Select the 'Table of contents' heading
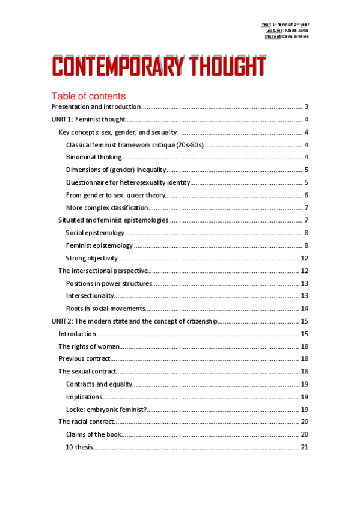(x=88, y=96)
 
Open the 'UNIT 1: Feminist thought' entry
(x=87, y=119)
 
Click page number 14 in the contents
(x=304, y=308)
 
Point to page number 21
(x=304, y=447)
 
